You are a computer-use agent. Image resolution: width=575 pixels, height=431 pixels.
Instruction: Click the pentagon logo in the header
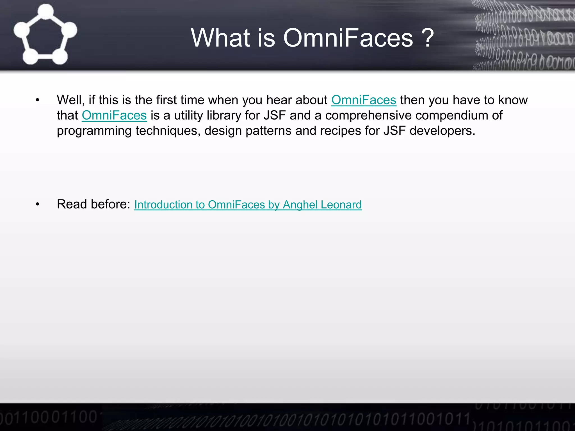(x=45, y=35)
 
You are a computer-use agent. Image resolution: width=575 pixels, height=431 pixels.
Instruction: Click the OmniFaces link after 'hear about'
(x=364, y=100)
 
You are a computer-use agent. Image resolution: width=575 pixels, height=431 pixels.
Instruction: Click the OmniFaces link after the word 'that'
(x=114, y=116)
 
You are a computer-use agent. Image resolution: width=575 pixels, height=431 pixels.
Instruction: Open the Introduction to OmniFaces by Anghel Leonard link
(x=248, y=205)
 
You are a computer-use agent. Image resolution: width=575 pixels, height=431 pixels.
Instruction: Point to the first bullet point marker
(x=38, y=100)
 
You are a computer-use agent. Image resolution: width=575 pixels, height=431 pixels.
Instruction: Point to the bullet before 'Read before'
(x=38, y=205)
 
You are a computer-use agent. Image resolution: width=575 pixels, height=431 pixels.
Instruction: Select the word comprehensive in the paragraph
(x=368, y=116)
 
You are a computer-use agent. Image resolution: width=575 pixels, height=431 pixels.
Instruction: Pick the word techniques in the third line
(x=168, y=131)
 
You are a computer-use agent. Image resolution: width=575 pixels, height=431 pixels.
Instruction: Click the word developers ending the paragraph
(x=442, y=131)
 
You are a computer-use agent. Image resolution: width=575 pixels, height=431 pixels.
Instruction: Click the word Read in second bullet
(x=72, y=204)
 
